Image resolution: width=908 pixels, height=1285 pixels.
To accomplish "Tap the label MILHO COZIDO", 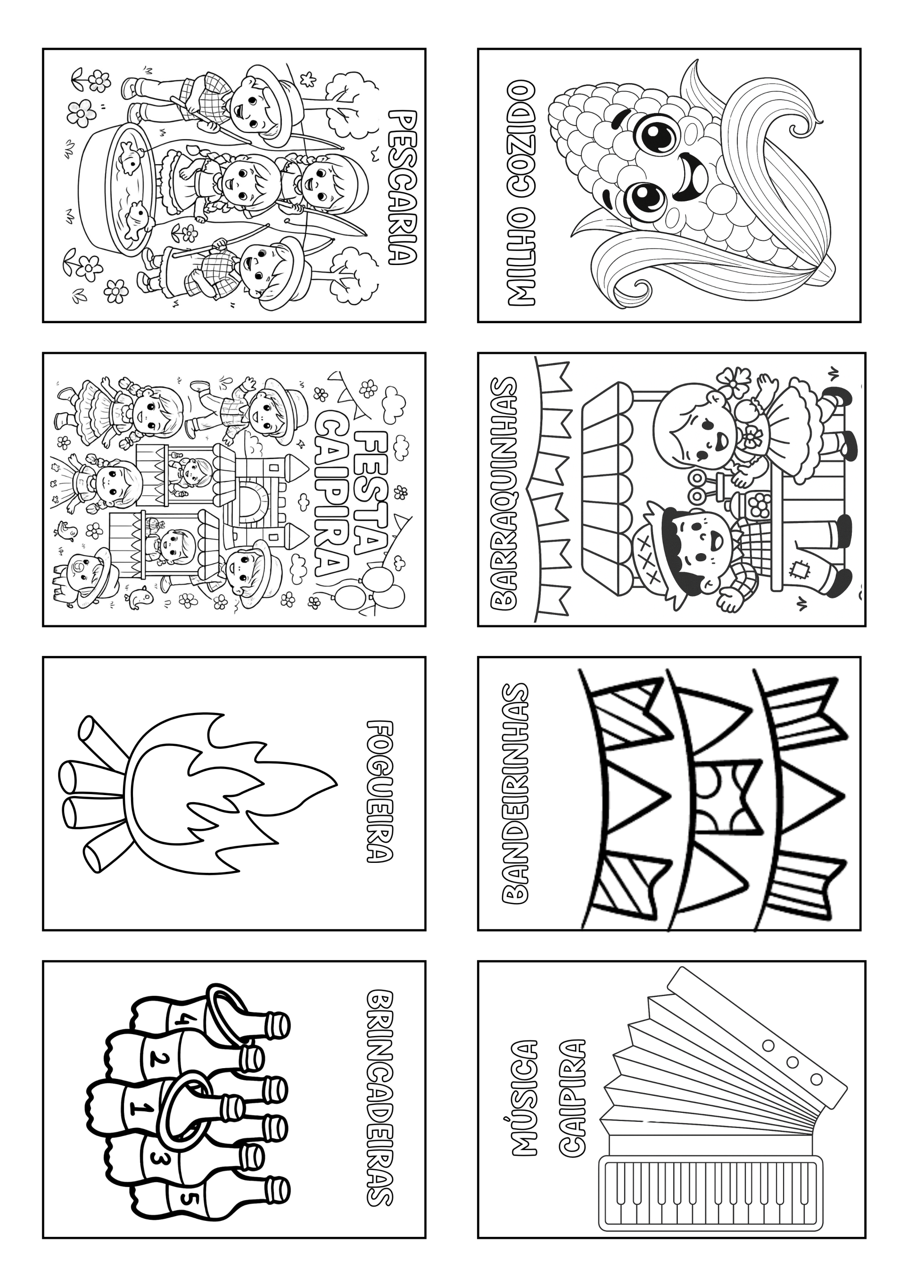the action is (x=521, y=193).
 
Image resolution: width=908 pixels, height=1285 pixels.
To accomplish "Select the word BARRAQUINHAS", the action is (x=504, y=493).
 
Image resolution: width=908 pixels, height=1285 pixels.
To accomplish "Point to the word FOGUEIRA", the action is (x=380, y=792).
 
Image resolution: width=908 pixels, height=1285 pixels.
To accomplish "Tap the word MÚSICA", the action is (x=524, y=1097).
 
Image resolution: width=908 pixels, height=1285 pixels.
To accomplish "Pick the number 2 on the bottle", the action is (x=159, y=1057).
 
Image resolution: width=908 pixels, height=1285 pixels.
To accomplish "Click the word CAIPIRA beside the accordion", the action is (x=572, y=1097).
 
